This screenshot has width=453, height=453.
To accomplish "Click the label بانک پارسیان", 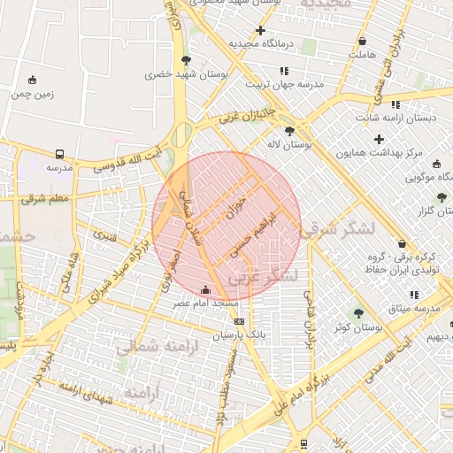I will pos(239,336).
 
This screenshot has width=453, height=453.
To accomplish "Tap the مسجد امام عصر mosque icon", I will pos(206,289).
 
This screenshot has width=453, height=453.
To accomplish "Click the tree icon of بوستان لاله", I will pos(289,131).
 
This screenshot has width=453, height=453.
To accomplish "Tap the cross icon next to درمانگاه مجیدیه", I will pos(260,31).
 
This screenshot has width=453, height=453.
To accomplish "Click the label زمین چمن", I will pos(33,93).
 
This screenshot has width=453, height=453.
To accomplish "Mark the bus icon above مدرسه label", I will pos(59,153).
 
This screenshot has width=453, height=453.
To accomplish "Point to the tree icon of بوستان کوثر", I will pos(358,313).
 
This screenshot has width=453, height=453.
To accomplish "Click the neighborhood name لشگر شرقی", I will pos(337,229).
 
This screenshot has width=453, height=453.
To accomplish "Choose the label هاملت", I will pos(363,55).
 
